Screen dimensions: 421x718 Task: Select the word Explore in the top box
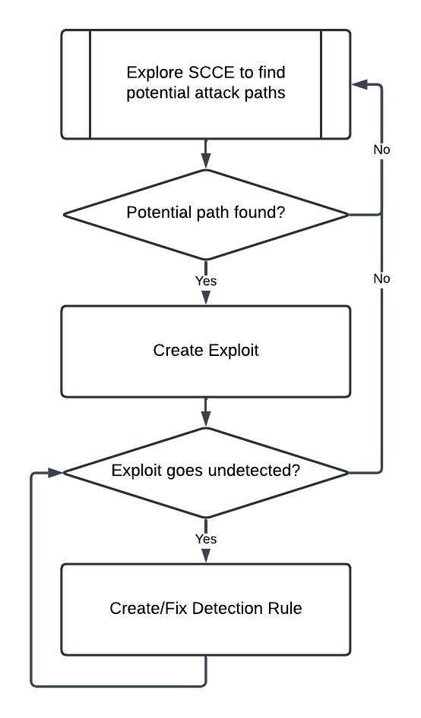(x=156, y=72)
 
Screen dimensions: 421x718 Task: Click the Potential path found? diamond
(x=206, y=214)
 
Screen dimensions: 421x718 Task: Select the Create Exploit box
(x=206, y=351)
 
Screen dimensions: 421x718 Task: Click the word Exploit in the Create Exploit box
(x=233, y=351)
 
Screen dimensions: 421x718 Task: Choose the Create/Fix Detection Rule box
(x=206, y=609)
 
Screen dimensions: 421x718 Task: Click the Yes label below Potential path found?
(x=206, y=281)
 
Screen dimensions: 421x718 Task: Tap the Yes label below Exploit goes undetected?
(x=206, y=539)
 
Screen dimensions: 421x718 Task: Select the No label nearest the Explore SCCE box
(x=381, y=150)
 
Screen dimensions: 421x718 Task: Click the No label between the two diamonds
(x=381, y=279)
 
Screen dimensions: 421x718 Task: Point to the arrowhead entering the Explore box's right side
(x=359, y=84)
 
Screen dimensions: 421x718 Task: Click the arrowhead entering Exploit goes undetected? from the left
(x=55, y=473)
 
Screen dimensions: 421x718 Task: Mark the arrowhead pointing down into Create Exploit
(x=206, y=298)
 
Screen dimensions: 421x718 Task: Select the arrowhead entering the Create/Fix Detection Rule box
(x=206, y=556)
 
